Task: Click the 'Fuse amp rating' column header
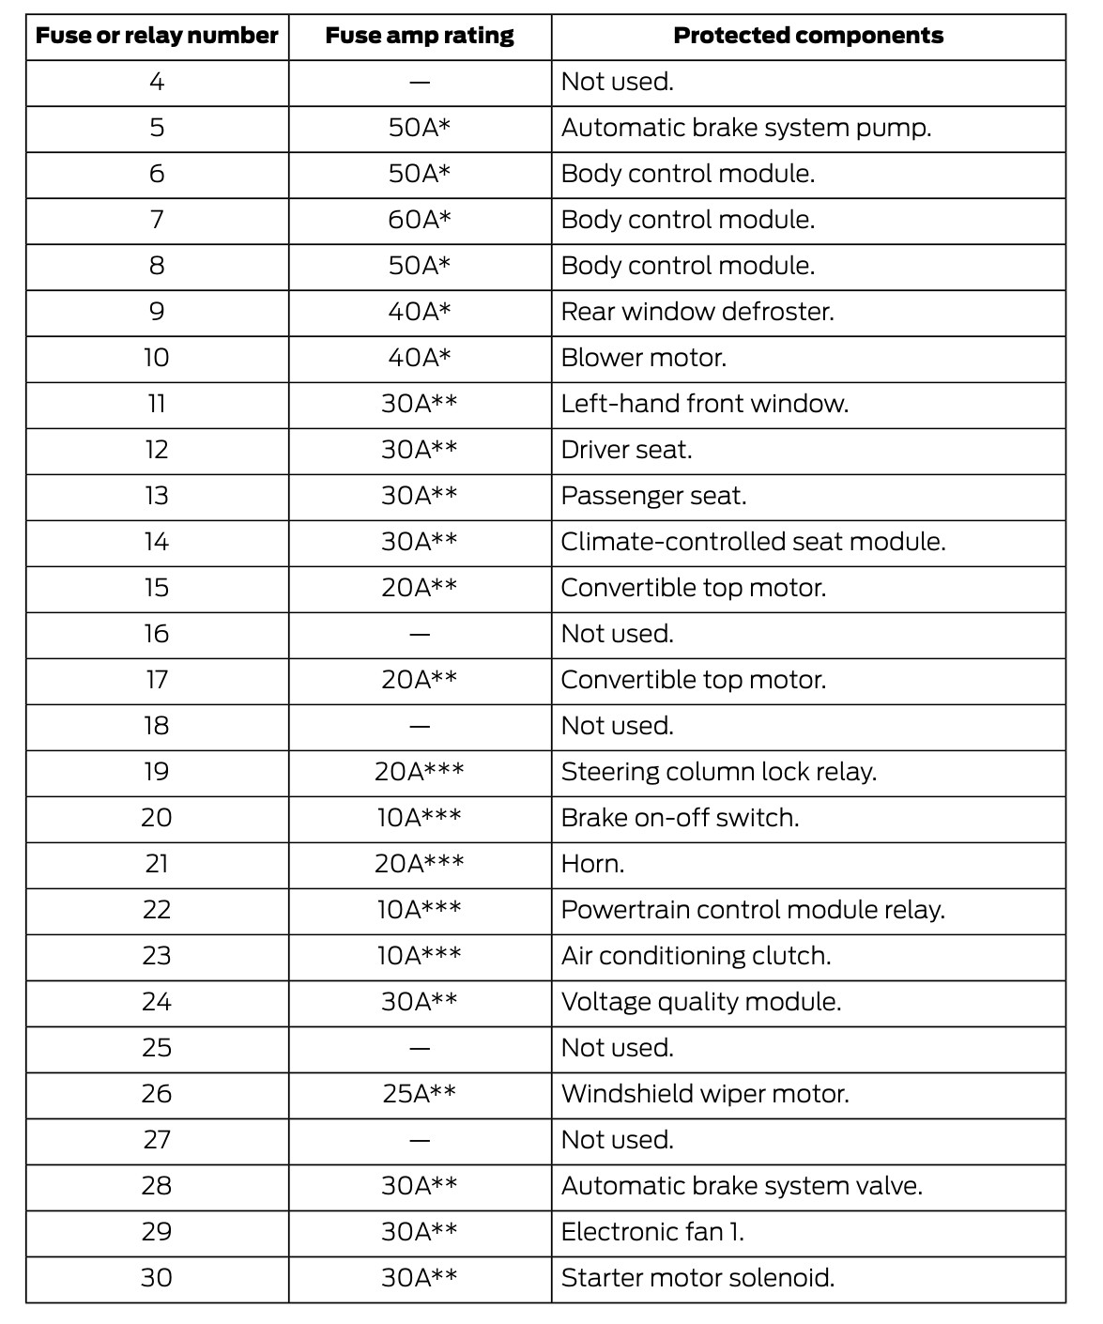(x=420, y=37)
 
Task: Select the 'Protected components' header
(x=808, y=37)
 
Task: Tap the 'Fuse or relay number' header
(x=157, y=37)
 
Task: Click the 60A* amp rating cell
(x=420, y=220)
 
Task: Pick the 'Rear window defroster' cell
(x=697, y=312)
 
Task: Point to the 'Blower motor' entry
(x=644, y=358)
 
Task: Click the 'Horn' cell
(x=592, y=864)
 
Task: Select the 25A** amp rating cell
(x=420, y=1094)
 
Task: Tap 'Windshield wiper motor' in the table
(x=705, y=1094)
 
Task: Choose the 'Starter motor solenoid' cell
(x=697, y=1278)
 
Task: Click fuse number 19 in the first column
(x=157, y=772)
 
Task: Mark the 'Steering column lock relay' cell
(x=719, y=772)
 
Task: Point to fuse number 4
(x=157, y=83)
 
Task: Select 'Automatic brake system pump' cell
(x=746, y=128)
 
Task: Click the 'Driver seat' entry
(x=626, y=450)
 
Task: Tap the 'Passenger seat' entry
(x=653, y=496)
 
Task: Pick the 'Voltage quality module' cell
(x=701, y=1002)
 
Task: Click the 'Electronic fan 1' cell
(x=652, y=1232)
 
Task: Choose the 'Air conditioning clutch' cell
(x=697, y=956)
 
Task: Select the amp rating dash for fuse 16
(x=420, y=635)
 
